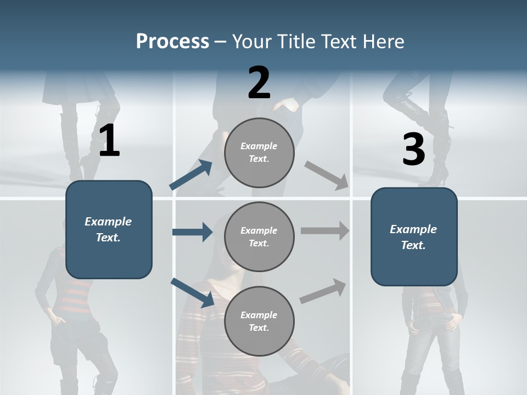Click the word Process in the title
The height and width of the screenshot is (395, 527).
point(172,41)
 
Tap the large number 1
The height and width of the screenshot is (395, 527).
point(109,141)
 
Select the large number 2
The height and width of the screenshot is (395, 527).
point(259,83)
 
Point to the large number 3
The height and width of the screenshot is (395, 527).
point(414,150)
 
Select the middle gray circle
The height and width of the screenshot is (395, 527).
point(259,236)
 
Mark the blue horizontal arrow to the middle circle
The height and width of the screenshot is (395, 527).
point(192,232)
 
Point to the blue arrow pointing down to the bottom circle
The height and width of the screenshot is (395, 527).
point(192,292)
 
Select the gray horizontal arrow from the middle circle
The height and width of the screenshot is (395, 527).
point(325,230)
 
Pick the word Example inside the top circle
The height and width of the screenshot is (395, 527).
point(259,146)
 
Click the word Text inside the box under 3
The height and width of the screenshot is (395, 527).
point(413,245)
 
